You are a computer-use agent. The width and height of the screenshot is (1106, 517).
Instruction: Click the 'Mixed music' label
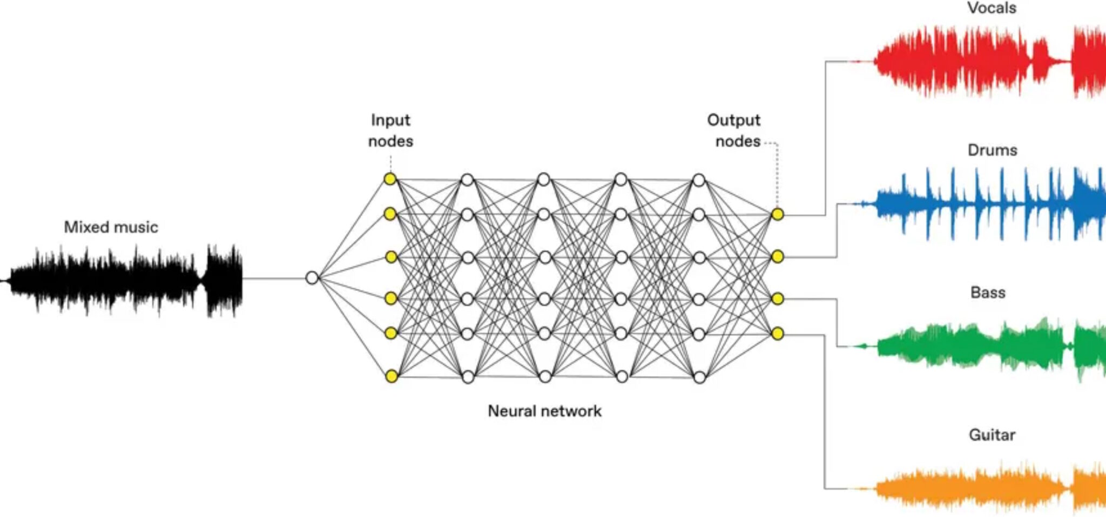pyautogui.click(x=111, y=227)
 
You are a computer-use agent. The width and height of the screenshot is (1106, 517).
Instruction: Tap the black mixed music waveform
pyautogui.click(x=124, y=280)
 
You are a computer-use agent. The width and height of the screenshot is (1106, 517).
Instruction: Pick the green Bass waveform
pyautogui.click(x=972, y=345)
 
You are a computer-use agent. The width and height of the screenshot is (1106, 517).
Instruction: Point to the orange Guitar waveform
pyautogui.click(x=972, y=488)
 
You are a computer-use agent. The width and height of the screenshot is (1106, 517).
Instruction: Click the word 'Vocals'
pyautogui.click(x=992, y=8)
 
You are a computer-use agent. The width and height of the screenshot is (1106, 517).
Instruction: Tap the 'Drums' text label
pyautogui.click(x=992, y=150)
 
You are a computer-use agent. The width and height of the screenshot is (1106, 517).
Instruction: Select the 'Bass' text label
pyautogui.click(x=988, y=292)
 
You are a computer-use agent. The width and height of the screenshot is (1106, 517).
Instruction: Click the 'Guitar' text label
pyautogui.click(x=992, y=435)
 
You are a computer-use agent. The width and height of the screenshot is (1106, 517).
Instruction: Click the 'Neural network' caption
pyautogui.click(x=544, y=411)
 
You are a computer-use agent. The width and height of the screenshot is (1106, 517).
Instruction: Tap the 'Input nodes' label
pyautogui.click(x=390, y=131)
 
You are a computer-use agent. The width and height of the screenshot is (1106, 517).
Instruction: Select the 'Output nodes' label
pyautogui.click(x=734, y=131)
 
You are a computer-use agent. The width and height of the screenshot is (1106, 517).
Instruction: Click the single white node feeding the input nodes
pyautogui.click(x=312, y=278)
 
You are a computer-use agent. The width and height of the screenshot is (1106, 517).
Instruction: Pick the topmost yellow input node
pyautogui.click(x=390, y=179)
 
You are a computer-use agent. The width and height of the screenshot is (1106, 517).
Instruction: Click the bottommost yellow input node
pyautogui.click(x=392, y=376)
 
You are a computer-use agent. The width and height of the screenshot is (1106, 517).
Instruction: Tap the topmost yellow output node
pyautogui.click(x=777, y=214)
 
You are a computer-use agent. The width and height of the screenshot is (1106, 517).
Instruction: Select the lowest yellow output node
pyautogui.click(x=777, y=334)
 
